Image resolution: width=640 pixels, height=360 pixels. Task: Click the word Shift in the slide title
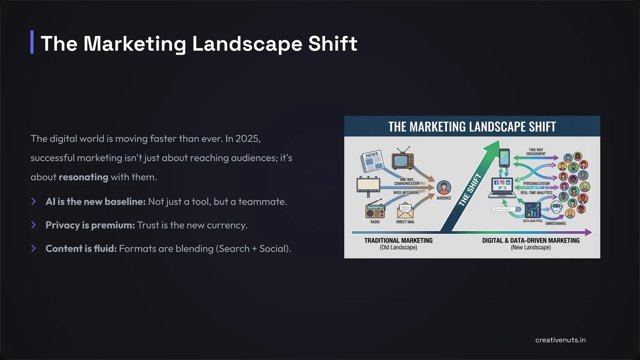(332, 43)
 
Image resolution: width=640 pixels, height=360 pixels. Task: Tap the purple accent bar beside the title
(32, 42)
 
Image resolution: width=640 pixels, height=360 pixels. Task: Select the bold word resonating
(83, 177)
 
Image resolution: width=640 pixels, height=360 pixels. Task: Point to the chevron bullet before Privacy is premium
(34, 225)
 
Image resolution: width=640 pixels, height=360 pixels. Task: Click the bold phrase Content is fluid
(81, 249)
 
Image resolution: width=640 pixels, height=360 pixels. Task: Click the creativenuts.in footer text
(560, 340)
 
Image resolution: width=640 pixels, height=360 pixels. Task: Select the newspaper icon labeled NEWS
(372, 161)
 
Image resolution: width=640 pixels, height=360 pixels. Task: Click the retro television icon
(402, 159)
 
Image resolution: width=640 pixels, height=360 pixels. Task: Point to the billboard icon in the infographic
(368, 186)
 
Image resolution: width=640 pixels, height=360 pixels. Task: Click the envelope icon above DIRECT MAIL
(405, 211)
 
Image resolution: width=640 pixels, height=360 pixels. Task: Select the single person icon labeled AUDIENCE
(444, 187)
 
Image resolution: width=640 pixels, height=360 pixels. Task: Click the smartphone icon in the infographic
(504, 158)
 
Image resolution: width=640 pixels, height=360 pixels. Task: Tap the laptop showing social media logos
(502, 188)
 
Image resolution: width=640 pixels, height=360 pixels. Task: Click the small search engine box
(507, 209)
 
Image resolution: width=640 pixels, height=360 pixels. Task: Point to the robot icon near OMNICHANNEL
(557, 207)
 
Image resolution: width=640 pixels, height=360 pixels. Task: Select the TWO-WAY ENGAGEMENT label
(536, 152)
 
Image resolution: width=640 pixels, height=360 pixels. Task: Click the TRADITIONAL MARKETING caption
(398, 241)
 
